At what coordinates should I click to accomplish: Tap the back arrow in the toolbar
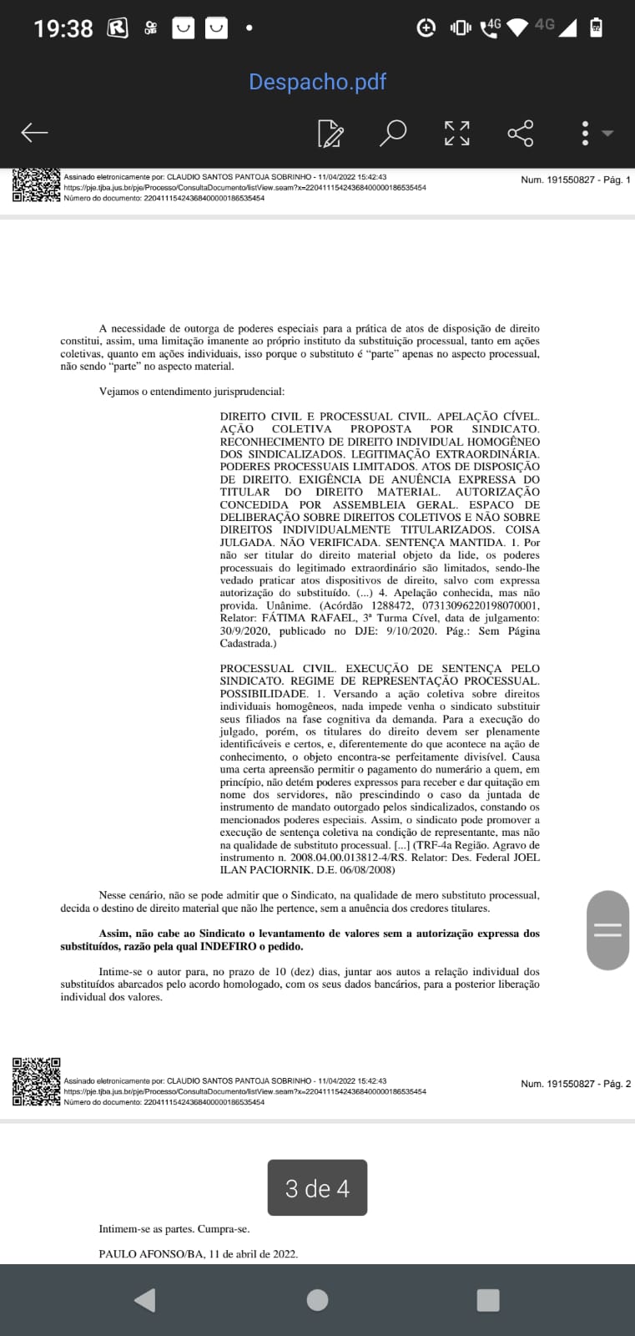[34, 133]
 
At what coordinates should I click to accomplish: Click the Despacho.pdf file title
[318, 82]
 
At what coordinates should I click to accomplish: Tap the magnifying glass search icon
[393, 133]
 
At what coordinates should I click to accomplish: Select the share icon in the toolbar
[520, 133]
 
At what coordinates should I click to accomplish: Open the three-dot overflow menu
[585, 133]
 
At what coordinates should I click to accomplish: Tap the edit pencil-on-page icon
[330, 133]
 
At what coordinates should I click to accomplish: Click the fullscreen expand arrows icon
[456, 133]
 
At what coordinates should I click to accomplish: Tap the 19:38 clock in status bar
[63, 28]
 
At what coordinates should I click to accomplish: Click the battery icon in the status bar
[596, 27]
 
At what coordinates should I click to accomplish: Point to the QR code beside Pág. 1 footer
[37, 185]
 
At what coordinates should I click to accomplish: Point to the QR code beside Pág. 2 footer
[37, 1082]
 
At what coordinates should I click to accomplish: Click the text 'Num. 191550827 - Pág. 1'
[576, 180]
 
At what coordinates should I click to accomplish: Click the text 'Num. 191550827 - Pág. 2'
[576, 1084]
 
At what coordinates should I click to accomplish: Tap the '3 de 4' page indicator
[317, 1188]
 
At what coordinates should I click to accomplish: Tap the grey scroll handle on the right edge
[607, 929]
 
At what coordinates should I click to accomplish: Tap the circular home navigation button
[317, 1300]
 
